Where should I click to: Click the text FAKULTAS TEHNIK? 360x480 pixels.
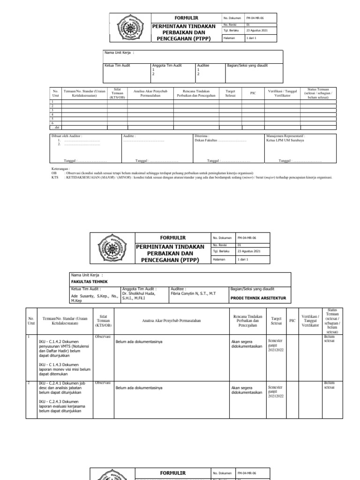click(x=89, y=281)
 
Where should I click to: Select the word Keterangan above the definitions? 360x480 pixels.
click(x=60, y=168)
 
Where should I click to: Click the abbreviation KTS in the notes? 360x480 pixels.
click(x=54, y=178)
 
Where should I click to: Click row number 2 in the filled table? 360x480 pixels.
click(x=29, y=383)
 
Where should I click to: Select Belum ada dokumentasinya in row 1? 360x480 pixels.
click(x=139, y=342)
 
